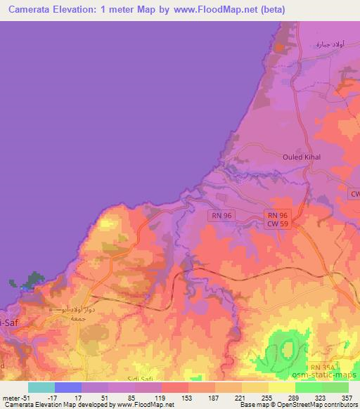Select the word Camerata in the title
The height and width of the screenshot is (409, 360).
pos(27,10)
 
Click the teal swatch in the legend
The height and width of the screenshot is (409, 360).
pos(41,387)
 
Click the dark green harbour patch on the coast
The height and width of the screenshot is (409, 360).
pos(30,283)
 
